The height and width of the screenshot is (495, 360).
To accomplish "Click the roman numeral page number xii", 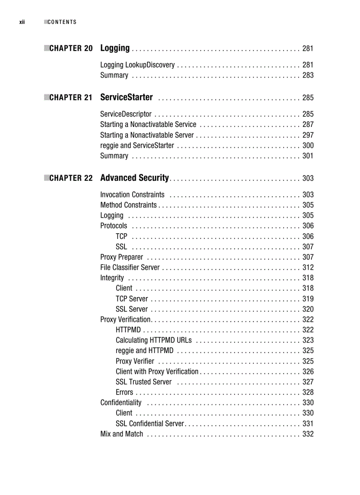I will [22, 22].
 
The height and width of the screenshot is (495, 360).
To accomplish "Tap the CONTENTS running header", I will [62, 22].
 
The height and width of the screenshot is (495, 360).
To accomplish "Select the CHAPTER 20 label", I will [71, 48].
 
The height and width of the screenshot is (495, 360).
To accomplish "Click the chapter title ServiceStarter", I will [127, 97].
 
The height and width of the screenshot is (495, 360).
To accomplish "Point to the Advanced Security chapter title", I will [135, 178].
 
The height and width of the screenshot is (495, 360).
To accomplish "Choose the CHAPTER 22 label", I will [71, 179].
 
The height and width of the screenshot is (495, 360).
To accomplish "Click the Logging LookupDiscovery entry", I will [137, 65].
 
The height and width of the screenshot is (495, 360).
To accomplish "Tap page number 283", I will [307, 75].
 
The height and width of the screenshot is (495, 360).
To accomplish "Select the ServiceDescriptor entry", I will [126, 114].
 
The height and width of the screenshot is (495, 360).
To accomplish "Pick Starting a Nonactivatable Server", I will [147, 135].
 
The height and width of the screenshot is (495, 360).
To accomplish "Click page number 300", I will [307, 145].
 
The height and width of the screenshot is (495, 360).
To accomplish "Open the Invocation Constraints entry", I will [132, 195].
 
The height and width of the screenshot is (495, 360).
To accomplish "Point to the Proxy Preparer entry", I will [122, 257].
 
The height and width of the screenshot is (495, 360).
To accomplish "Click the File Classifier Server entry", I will [130, 268].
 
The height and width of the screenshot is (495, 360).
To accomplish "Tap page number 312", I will [307, 268].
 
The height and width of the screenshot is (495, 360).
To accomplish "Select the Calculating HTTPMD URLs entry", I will [154, 340].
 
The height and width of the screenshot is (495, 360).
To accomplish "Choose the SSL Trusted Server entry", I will [144, 382].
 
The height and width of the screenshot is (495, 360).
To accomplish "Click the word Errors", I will [124, 392].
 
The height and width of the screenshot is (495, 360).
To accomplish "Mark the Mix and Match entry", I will [122, 434].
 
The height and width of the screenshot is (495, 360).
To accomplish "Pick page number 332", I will [307, 434].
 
